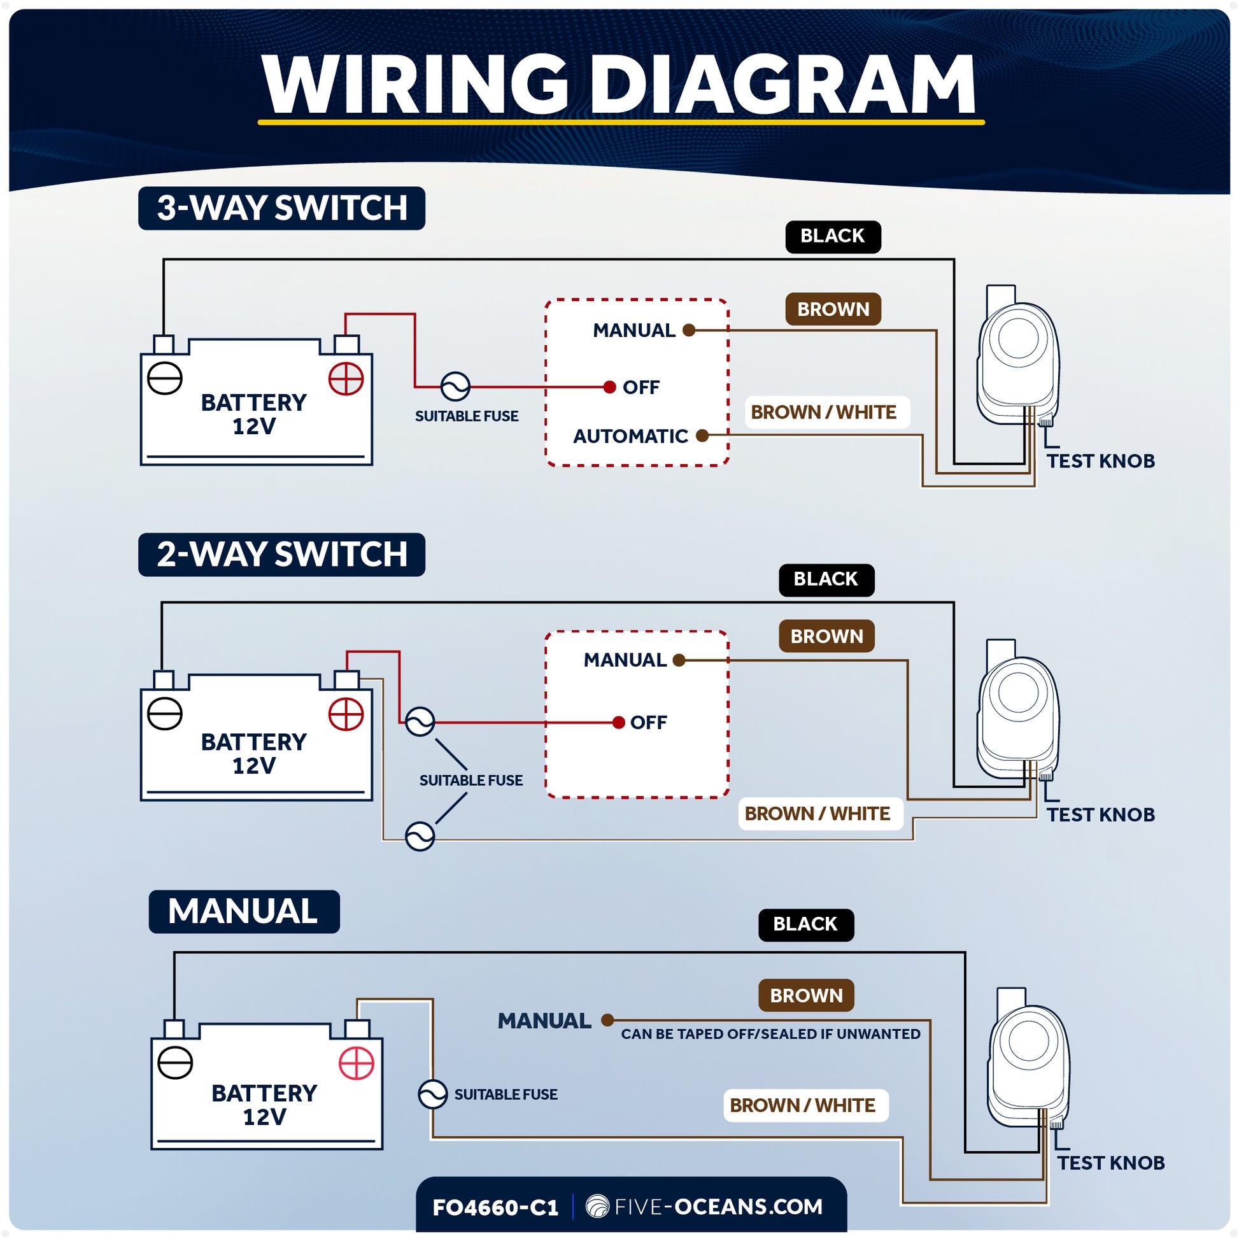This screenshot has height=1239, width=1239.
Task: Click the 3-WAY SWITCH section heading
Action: click(281, 208)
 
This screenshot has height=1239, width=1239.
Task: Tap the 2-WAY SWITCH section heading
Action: click(281, 555)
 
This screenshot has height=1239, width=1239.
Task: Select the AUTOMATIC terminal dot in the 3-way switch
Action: click(702, 436)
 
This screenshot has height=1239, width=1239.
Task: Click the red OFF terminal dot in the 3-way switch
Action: click(609, 387)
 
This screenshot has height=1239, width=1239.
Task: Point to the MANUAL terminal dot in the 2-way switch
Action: click(680, 660)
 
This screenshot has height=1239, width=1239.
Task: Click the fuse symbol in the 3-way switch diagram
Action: click(455, 386)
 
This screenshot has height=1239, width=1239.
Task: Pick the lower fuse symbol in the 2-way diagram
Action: click(420, 836)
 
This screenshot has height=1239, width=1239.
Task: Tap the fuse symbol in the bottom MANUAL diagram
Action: click(433, 1094)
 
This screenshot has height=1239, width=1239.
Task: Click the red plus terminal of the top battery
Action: click(346, 379)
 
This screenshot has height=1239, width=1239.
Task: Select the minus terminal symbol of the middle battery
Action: click(165, 714)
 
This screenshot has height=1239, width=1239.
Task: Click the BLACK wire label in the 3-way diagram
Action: click(832, 237)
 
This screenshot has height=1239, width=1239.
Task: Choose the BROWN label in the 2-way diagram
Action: click(826, 636)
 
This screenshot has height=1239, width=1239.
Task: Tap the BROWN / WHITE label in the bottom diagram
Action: click(805, 1105)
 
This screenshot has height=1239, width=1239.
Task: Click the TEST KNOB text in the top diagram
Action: click(1100, 461)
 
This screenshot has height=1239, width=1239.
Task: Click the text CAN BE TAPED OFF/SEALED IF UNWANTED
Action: click(770, 1034)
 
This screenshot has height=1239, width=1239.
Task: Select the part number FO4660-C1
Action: click(495, 1208)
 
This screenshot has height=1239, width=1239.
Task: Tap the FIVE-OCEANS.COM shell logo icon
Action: click(597, 1207)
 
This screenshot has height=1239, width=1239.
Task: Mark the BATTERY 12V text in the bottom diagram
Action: click(264, 1104)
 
